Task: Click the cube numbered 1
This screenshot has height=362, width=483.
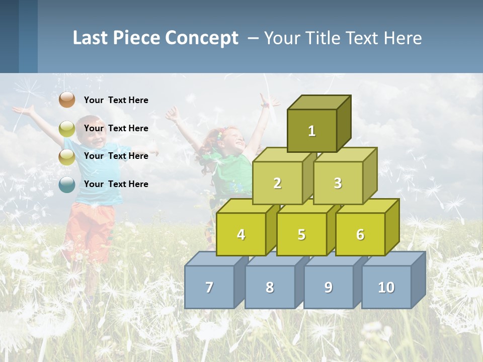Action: click(312, 131)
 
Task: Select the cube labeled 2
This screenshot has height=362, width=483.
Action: click(277, 183)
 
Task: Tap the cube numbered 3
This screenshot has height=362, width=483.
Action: click(338, 183)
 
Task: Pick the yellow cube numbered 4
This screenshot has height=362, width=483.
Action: click(241, 234)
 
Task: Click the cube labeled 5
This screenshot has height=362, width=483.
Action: click(301, 234)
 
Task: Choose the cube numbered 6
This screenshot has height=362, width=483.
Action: click(360, 234)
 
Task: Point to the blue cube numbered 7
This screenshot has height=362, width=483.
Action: click(209, 287)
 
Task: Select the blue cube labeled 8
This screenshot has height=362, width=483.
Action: click(270, 287)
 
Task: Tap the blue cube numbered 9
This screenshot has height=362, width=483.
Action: click(328, 287)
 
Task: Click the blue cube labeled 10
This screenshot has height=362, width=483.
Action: click(386, 287)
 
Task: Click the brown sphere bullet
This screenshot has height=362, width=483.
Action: click(67, 100)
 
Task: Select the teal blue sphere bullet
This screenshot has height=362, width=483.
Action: click(67, 185)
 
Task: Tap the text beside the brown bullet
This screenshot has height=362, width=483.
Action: click(116, 100)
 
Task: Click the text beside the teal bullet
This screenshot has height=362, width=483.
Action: click(116, 184)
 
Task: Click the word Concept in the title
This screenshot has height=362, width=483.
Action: click(202, 38)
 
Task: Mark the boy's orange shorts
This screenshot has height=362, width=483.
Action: click(91, 226)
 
